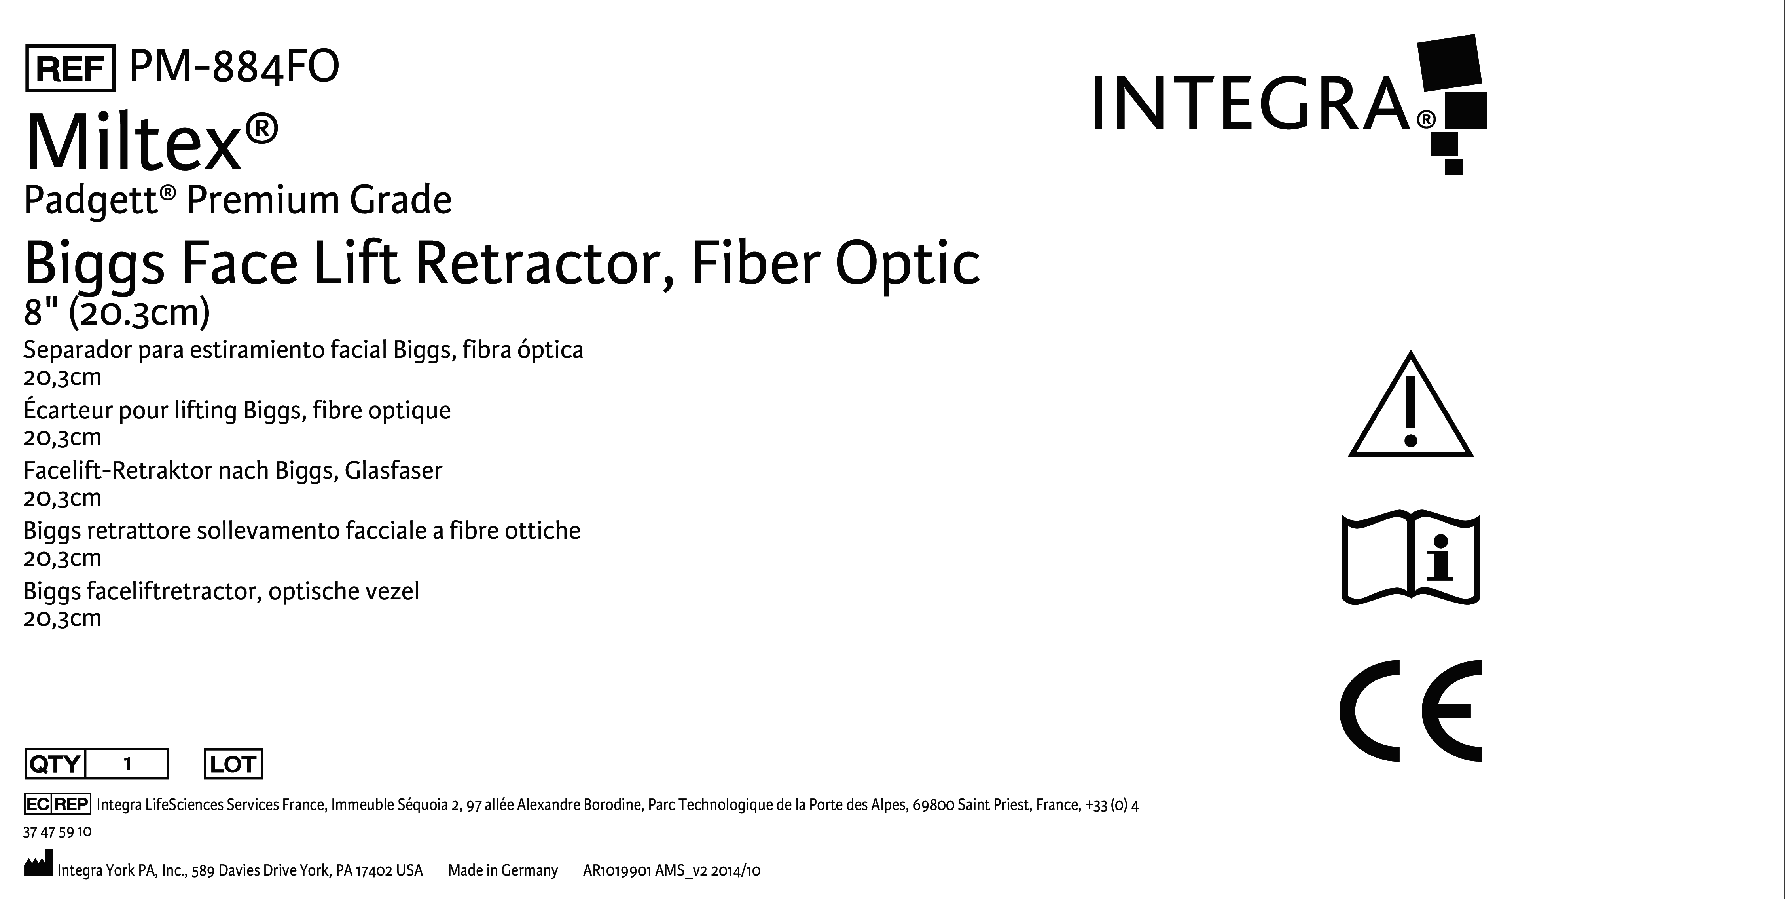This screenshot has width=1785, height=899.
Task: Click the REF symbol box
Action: [x=70, y=68]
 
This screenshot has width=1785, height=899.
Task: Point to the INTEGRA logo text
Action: [x=1251, y=104]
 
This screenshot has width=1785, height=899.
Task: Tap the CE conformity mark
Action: [x=1410, y=711]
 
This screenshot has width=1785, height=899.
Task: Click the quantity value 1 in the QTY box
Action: [x=127, y=764]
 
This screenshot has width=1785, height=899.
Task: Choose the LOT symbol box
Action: [x=233, y=764]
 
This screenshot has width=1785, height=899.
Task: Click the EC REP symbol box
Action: [x=57, y=804]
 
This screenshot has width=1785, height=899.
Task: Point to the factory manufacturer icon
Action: [x=38, y=866]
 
